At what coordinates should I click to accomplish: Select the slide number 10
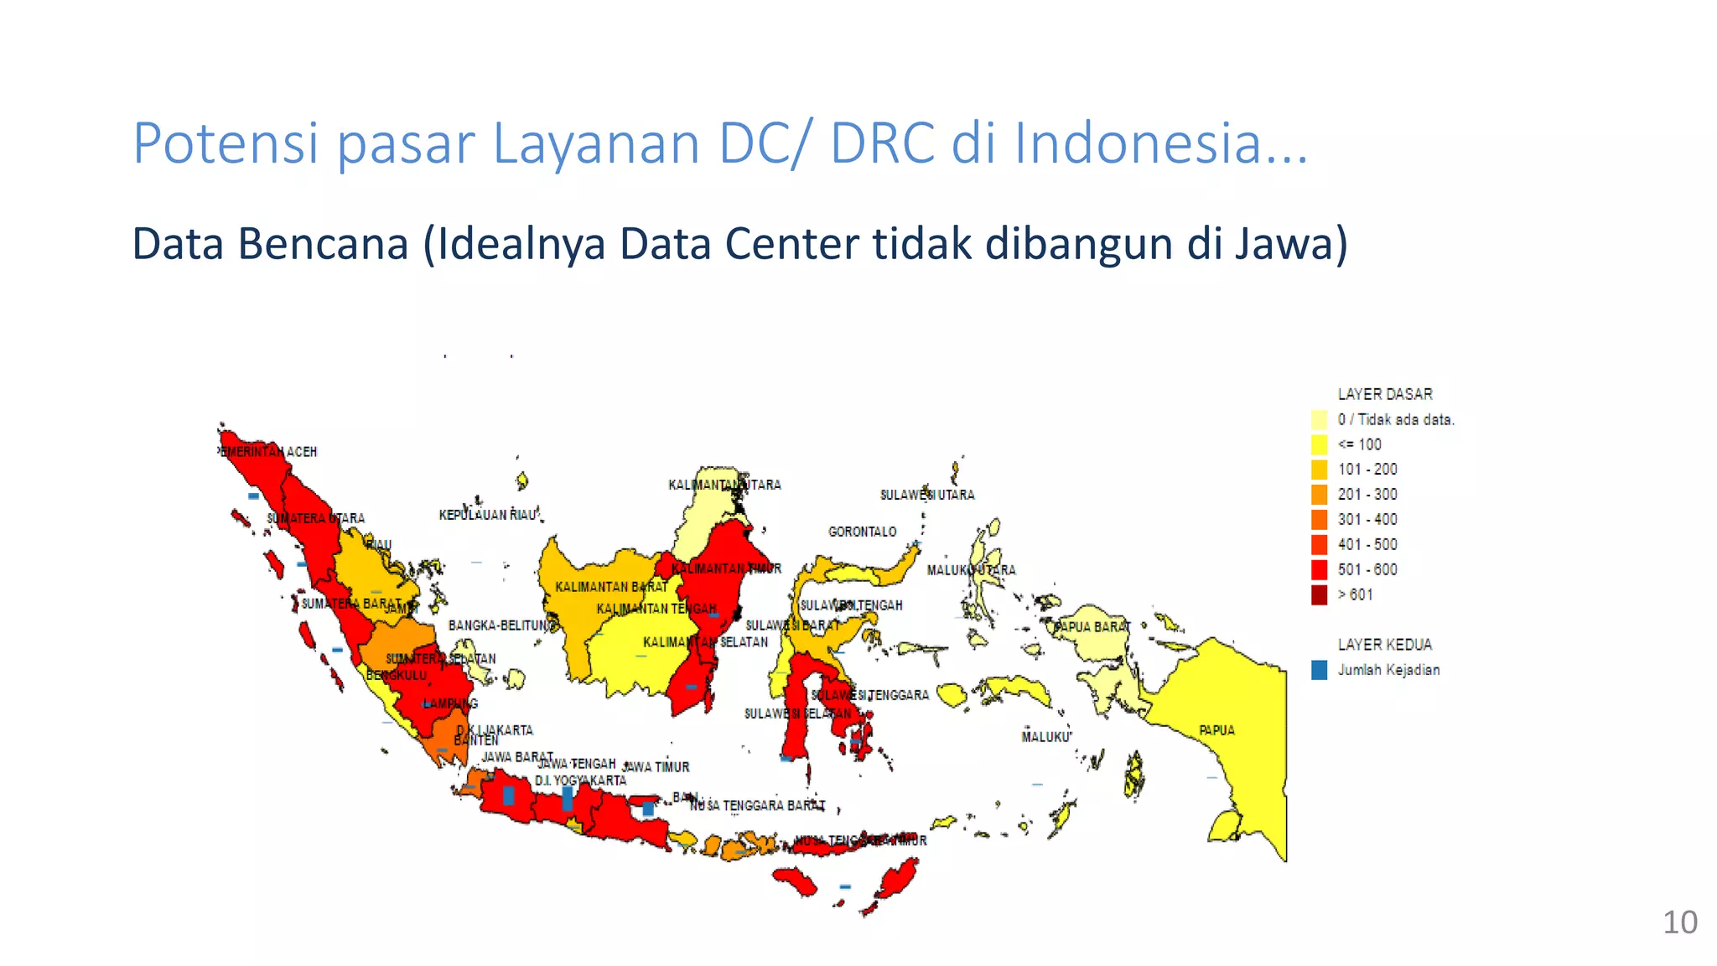pyautogui.click(x=1679, y=922)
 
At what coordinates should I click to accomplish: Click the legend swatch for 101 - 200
pyautogui.click(x=1320, y=470)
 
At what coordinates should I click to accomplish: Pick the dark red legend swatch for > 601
pyautogui.click(x=1320, y=595)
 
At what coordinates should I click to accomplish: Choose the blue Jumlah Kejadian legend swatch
pyautogui.click(x=1320, y=670)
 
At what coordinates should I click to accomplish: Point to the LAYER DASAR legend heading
pyautogui.click(x=1385, y=394)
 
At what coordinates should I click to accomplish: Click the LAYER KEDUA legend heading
pyautogui.click(x=1385, y=645)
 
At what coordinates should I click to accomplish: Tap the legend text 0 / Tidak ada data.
pyautogui.click(x=1396, y=419)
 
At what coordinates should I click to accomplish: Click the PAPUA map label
pyautogui.click(x=1216, y=730)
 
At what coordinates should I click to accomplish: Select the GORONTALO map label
pyautogui.click(x=862, y=532)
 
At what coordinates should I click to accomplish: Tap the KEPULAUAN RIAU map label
pyautogui.click(x=487, y=515)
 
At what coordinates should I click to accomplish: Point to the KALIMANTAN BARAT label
pyautogui.click(x=611, y=587)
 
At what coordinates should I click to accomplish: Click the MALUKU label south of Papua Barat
pyautogui.click(x=1045, y=737)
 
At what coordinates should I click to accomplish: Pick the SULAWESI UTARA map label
pyautogui.click(x=927, y=495)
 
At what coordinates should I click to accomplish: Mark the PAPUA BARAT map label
pyautogui.click(x=1092, y=626)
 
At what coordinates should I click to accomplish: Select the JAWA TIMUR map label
pyautogui.click(x=656, y=766)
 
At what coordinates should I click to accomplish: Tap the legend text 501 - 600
pyautogui.click(x=1367, y=570)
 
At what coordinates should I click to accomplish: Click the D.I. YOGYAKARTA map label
pyautogui.click(x=580, y=781)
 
